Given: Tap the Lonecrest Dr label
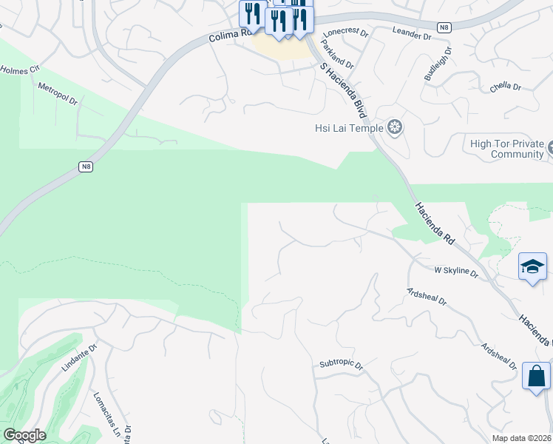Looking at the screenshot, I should coord(345,32).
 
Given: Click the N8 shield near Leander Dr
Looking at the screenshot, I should coord(444,27).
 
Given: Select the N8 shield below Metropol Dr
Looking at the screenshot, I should coord(86,166).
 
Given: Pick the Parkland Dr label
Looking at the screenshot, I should coord(338,55).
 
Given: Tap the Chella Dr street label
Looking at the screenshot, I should coord(506,87).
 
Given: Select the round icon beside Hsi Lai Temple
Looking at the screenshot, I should coord(395,128).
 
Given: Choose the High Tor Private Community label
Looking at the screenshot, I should coord(507,149).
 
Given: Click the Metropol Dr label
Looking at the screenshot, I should coord(58,93).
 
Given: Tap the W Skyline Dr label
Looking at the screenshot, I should coord(456,271).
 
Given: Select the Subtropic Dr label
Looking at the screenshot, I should coord(342,365).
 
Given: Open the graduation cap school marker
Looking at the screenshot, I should coord(532,266).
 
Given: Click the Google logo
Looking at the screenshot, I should coord(24,435).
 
